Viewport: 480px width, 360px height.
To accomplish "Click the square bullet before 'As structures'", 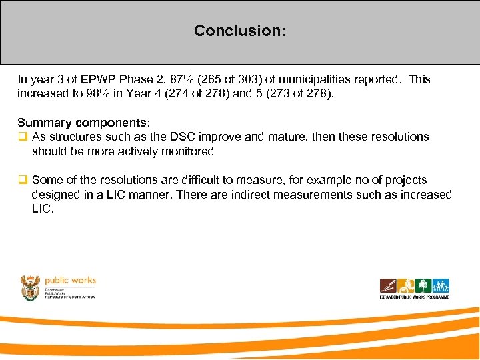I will (x=22, y=136).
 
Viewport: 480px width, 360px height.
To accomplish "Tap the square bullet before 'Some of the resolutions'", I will (x=22, y=180).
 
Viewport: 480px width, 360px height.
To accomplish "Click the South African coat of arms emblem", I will (x=31, y=288).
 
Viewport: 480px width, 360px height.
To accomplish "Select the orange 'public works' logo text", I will (x=70, y=280).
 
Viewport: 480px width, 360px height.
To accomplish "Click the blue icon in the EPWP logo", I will (x=441, y=285).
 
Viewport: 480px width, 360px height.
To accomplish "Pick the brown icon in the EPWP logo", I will (x=388, y=285).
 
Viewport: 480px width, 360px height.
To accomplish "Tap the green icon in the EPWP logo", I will (x=423, y=285).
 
